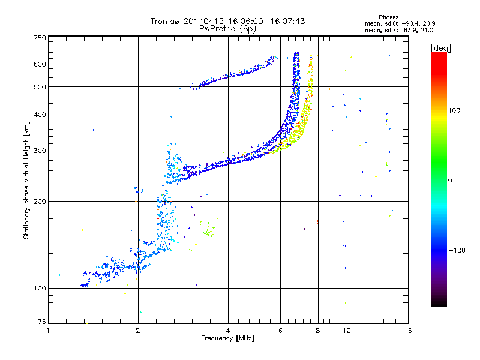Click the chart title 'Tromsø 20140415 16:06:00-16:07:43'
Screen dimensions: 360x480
click(227, 21)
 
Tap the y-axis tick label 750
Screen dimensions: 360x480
click(40, 38)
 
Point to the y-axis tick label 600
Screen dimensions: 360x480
click(40, 64)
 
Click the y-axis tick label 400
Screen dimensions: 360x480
click(40, 115)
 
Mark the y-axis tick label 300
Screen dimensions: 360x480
click(40, 151)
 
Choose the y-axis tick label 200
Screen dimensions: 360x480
click(40, 202)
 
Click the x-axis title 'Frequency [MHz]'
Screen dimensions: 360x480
click(227, 338)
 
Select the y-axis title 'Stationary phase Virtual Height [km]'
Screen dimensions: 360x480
click(26, 180)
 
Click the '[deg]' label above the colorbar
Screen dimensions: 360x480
click(441, 47)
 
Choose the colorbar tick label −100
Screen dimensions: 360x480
click(457, 250)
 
